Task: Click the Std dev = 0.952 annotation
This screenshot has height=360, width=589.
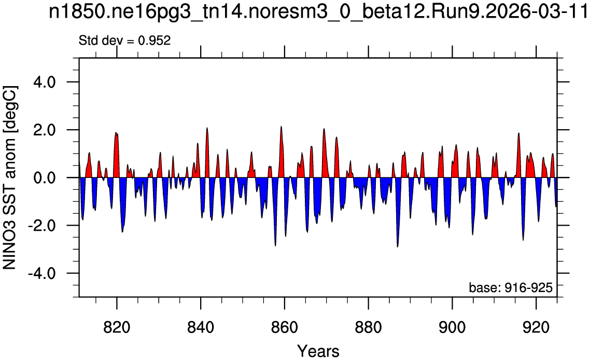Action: tap(125, 40)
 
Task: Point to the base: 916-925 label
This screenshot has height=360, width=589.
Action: tap(511, 288)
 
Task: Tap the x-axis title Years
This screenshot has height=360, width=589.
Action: tap(318, 351)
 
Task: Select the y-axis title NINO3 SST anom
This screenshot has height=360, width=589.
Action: tap(9, 177)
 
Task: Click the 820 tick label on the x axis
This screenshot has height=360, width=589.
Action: tap(117, 327)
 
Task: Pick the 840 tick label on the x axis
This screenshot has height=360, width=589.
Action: tap(201, 327)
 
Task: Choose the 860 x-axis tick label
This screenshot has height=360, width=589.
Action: tap(285, 327)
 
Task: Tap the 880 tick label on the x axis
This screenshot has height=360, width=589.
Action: tap(369, 327)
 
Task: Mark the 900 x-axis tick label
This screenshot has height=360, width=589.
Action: tap(452, 327)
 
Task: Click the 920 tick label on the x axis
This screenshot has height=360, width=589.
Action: tap(536, 327)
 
